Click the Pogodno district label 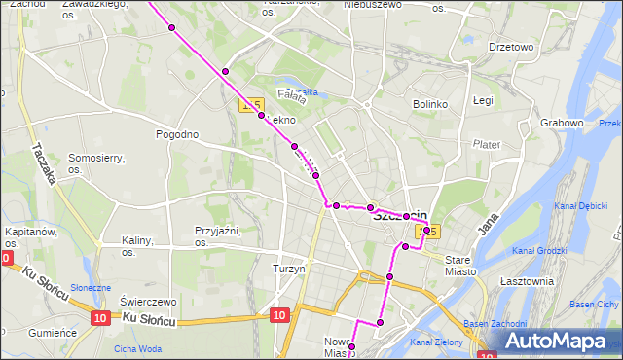(x=177, y=134)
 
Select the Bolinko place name (x=429, y=103)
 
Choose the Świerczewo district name (x=149, y=301)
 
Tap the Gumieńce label (x=53, y=332)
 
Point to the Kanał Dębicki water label (x=580, y=206)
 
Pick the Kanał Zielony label (x=436, y=342)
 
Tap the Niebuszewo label (x=373, y=5)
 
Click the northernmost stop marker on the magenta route (x=171, y=27)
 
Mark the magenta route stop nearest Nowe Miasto (x=352, y=346)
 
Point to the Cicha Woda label (x=137, y=348)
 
